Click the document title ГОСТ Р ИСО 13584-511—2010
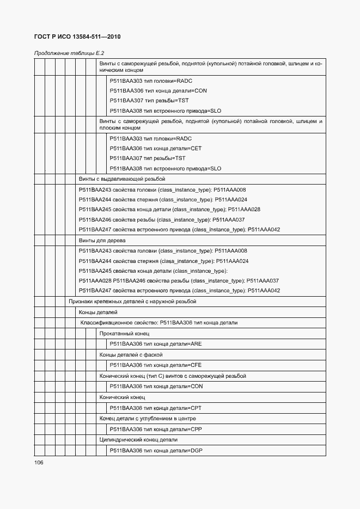(77, 36)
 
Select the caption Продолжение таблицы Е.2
(69, 53)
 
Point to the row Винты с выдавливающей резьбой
(122, 179)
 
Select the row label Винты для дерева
(102, 240)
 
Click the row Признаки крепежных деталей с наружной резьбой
(132, 301)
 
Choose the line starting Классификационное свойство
(159, 322)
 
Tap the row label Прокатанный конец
(124, 333)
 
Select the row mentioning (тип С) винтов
(173, 376)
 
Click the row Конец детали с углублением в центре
(148, 418)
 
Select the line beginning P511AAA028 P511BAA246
(179, 280)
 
